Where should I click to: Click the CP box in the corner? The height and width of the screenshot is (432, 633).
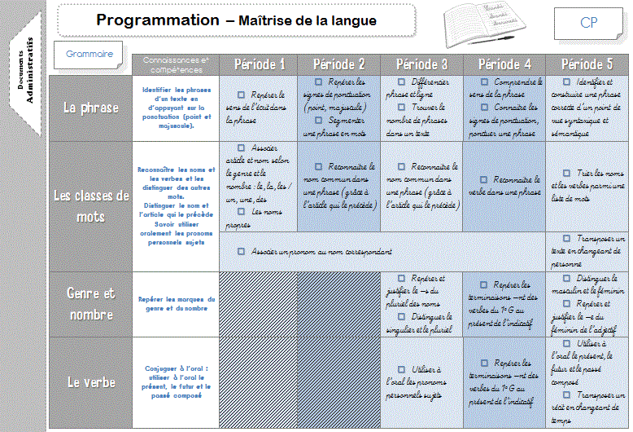[x=590, y=23]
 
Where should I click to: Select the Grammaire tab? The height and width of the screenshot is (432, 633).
[x=90, y=54]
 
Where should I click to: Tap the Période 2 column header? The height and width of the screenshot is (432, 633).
[x=339, y=64]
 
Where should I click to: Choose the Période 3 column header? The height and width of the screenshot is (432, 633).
[x=421, y=64]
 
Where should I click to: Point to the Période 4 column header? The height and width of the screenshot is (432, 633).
[x=504, y=64]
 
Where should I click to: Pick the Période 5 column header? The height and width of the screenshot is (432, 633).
[x=587, y=64]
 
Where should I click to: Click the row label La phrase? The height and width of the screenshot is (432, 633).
[x=91, y=108]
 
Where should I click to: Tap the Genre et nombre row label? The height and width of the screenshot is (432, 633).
[x=91, y=303]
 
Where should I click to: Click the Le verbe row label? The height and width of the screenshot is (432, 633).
[x=91, y=381]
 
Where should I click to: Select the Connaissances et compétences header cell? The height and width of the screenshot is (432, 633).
[x=176, y=64]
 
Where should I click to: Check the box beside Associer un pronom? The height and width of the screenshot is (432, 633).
[x=241, y=252]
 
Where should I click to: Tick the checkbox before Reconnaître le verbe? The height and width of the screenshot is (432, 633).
[x=483, y=179]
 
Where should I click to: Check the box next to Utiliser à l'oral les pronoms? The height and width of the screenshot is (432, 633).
[x=401, y=369]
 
